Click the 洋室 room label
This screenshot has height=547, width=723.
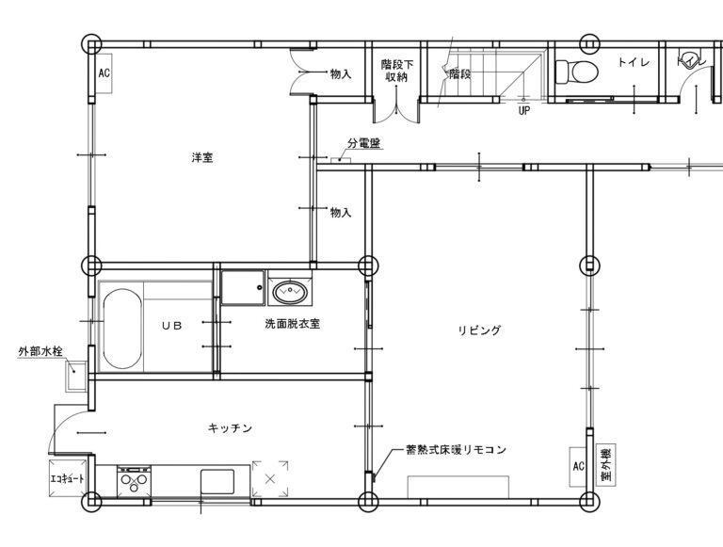[202, 158]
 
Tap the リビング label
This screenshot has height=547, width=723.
[479, 330]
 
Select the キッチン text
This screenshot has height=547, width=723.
[230, 428]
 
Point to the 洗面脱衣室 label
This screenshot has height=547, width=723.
[293, 324]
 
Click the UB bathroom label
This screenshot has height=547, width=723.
[172, 326]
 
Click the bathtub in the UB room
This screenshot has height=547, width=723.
[122, 329]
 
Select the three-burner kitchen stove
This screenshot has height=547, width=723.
[135, 482]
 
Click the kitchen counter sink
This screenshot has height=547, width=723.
[217, 482]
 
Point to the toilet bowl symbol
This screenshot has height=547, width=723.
[576, 72]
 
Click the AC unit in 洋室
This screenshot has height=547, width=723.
[104, 72]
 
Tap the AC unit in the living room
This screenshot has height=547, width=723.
[578, 466]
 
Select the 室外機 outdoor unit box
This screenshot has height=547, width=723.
[607, 464]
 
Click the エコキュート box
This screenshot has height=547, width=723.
[67, 478]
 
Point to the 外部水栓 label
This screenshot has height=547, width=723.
[40, 351]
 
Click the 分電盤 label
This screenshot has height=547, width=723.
[364, 143]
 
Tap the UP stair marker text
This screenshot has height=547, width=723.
[523, 111]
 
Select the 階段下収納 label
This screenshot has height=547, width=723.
[396, 71]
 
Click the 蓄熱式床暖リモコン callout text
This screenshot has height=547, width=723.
[456, 449]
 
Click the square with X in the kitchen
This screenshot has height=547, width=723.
[270, 478]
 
